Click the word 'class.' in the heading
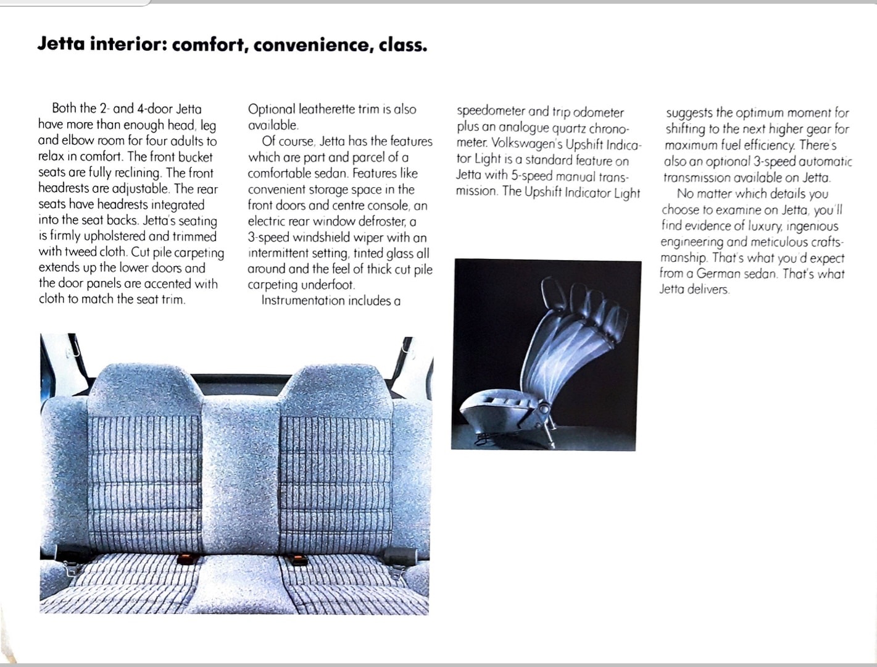402,45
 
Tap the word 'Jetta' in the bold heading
60,44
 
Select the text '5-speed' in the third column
531,175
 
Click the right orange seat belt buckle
299,560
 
